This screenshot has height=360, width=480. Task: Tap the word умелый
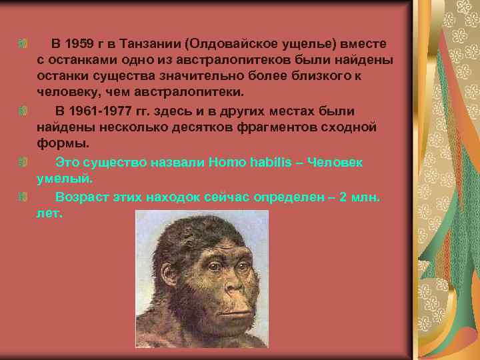(65, 179)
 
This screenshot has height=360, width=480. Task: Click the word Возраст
(85, 197)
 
